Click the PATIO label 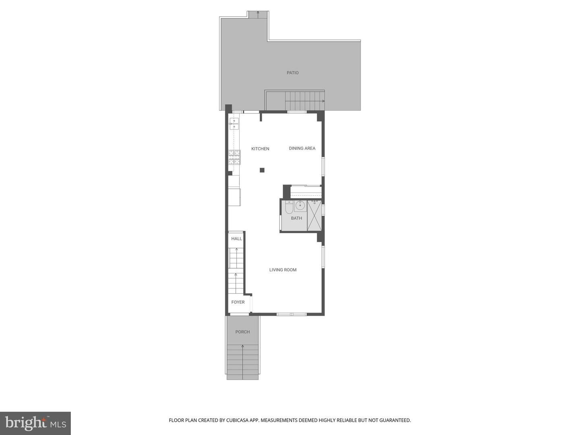click(292, 72)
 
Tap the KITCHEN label click(260, 149)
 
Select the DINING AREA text click(302, 149)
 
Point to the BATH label click(296, 218)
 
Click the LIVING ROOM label click(283, 270)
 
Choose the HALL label click(236, 238)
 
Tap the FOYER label click(238, 302)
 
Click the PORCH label click(242, 332)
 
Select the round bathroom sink click(300, 205)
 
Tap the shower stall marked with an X click(314, 216)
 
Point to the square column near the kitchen click(262, 170)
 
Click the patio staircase click(304, 101)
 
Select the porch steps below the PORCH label click(242, 362)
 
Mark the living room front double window click(292, 314)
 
